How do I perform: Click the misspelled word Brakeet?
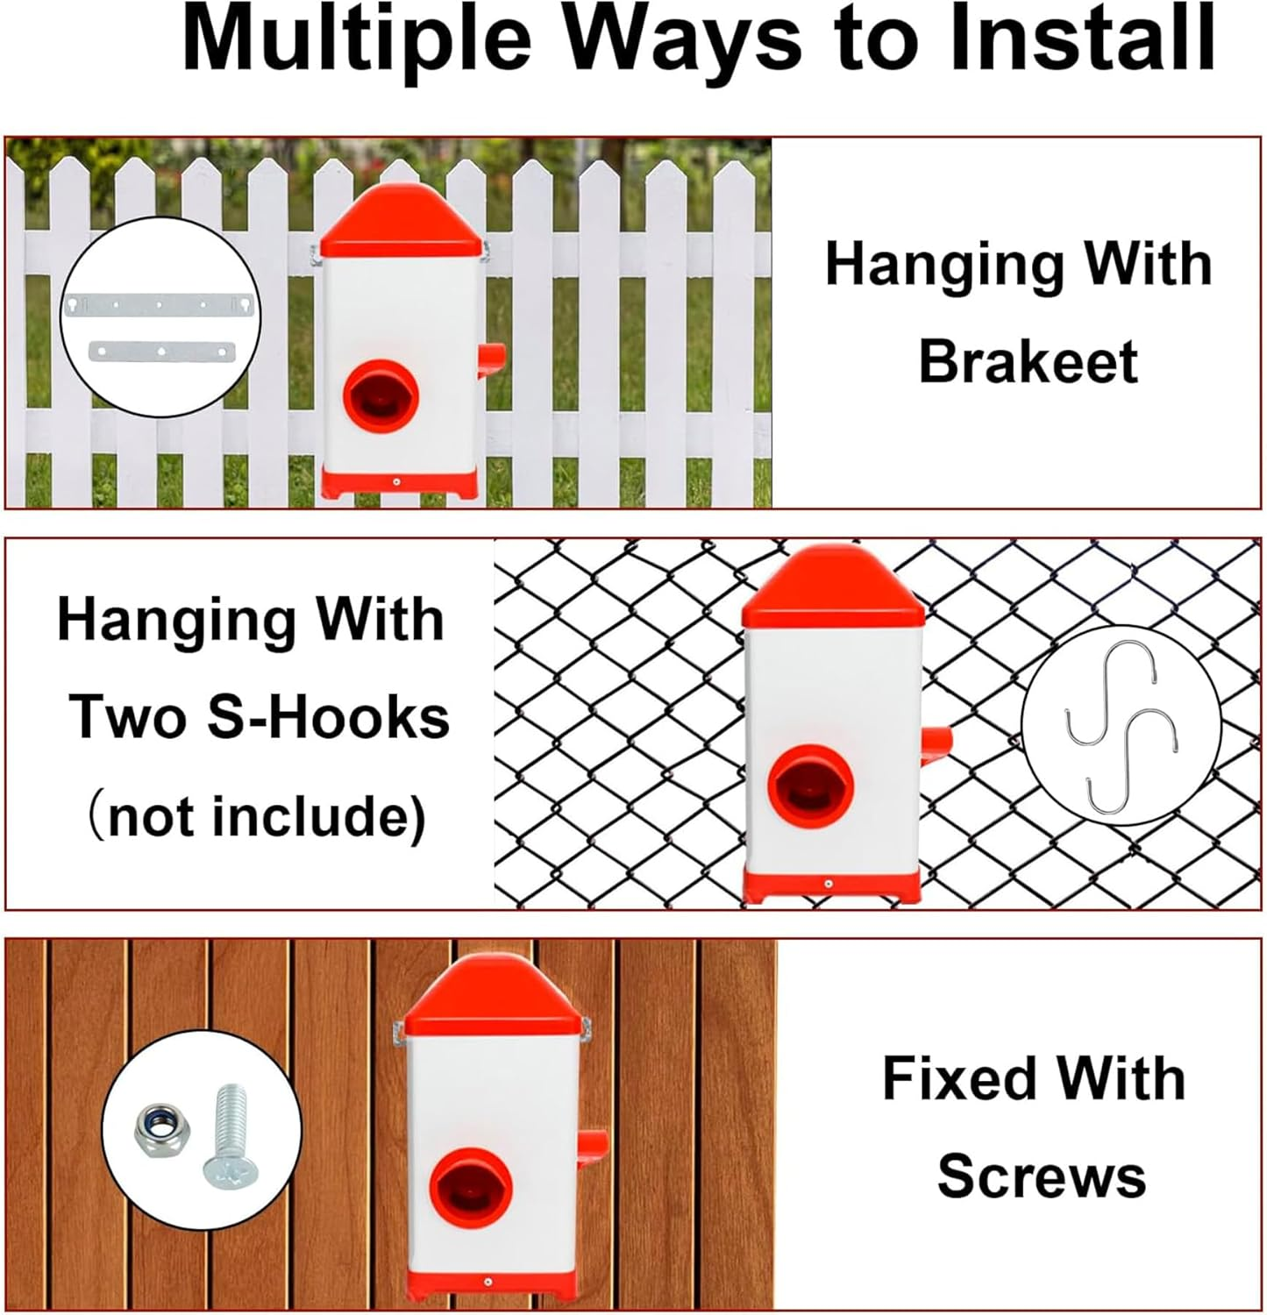pos(1028,361)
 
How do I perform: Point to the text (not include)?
pos(256,816)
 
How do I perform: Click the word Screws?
pos(1042,1176)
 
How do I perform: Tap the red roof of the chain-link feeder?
pos(832,586)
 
